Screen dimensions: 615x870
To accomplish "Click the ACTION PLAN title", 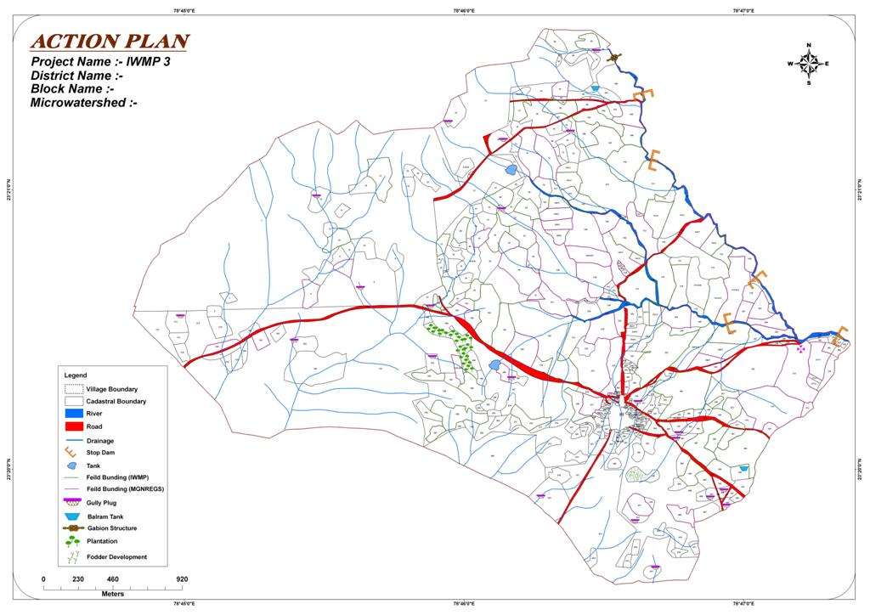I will (x=110, y=42).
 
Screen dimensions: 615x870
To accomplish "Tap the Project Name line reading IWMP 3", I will (x=101, y=62).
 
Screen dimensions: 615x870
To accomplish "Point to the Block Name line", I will (x=72, y=88).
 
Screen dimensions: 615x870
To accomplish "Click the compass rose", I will (x=809, y=64).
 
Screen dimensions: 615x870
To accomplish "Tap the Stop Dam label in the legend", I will (x=100, y=453).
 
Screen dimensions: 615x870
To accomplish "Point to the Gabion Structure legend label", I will (x=111, y=528).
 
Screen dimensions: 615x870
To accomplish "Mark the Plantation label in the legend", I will (x=102, y=541).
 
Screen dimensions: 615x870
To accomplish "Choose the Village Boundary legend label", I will (x=111, y=389).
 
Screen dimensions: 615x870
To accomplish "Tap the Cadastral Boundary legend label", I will (x=116, y=401).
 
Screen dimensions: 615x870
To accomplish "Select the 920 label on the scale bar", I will (x=182, y=579).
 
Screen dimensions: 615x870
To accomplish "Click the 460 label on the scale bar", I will (x=113, y=579).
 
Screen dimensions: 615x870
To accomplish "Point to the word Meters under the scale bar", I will (x=113, y=594).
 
